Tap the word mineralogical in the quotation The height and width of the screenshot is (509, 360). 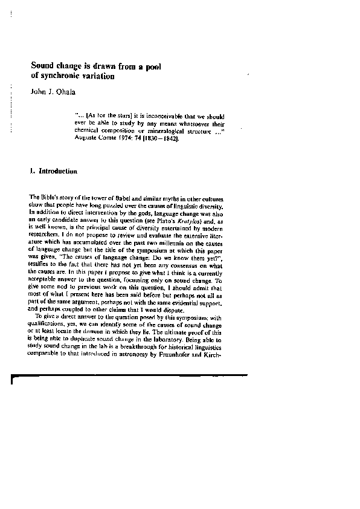(x=162, y=130)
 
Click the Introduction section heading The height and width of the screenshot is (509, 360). (x=57, y=172)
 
